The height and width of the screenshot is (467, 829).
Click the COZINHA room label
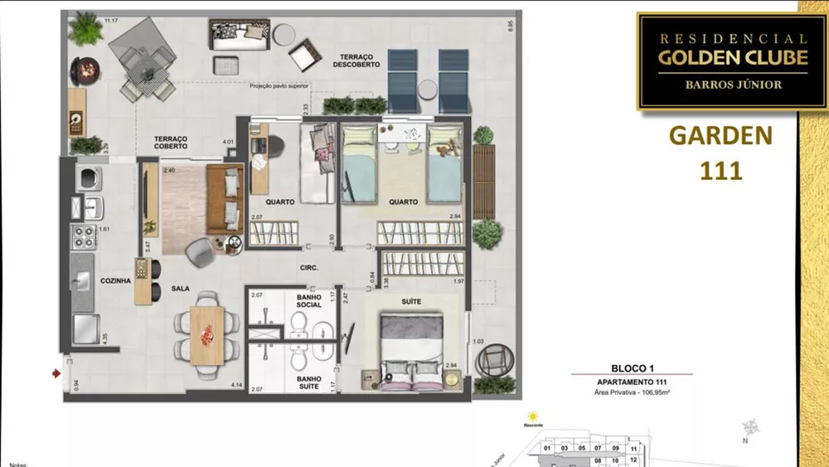pyautogui.click(x=116, y=281)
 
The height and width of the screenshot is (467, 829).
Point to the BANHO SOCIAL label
pyautogui.click(x=309, y=300)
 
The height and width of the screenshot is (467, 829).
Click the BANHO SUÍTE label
pyautogui.click(x=309, y=382)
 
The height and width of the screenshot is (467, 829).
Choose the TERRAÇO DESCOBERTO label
pyautogui.click(x=359, y=61)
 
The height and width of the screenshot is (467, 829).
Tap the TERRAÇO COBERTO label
pyautogui.click(x=170, y=143)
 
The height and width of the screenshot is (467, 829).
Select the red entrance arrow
pyautogui.click(x=56, y=374)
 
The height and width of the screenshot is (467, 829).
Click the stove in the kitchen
pyautogui.click(x=83, y=237)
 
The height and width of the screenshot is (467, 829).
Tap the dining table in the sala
pyautogui.click(x=206, y=334)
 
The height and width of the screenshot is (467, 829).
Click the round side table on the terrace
pyautogui.click(x=284, y=34)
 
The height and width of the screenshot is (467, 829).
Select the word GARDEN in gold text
pyautogui.click(x=720, y=135)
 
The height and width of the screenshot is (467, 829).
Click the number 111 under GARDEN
pyautogui.click(x=719, y=171)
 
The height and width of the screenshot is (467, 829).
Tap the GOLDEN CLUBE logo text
pyautogui.click(x=720, y=58)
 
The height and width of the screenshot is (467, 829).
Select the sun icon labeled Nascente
pyautogui.click(x=532, y=418)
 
